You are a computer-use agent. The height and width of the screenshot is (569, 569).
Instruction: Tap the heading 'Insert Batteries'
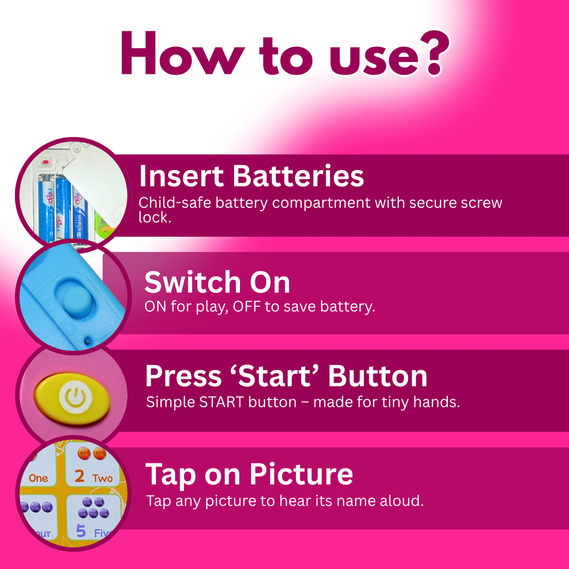251,176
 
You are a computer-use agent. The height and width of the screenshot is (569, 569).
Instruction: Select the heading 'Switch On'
217,282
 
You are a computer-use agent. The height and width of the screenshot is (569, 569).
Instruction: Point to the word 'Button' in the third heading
377,376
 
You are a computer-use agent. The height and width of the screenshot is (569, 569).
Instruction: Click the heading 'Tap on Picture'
249,475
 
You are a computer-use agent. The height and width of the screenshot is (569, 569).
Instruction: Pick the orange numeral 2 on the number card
79,476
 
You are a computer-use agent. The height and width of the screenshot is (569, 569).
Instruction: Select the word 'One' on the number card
38,478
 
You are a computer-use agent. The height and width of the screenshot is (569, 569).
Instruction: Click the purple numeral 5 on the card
81,531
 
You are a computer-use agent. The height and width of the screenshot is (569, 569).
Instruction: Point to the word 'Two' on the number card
102,478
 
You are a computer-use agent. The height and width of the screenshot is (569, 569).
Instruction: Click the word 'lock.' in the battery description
154,217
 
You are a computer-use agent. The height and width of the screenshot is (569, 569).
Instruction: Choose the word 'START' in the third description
221,402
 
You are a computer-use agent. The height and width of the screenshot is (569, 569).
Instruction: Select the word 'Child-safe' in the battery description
175,202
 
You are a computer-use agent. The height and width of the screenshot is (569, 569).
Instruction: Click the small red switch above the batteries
45,162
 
